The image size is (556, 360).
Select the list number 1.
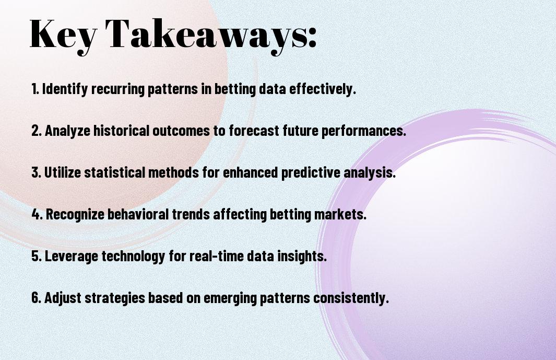[x=35, y=89]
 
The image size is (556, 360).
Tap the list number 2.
[x=36, y=131]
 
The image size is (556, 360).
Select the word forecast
[x=251, y=131]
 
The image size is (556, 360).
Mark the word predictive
[x=309, y=173]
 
